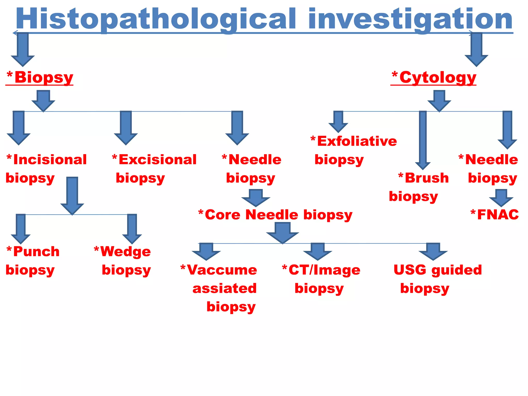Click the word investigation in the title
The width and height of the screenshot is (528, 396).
pos(410,19)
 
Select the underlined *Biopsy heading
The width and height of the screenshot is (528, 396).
pos(40,77)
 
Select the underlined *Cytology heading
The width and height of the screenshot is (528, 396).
pos(434,77)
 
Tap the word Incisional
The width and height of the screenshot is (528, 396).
pos(50,160)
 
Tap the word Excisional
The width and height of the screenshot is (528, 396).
pos(157,160)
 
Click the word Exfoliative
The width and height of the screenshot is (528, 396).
pos(357,141)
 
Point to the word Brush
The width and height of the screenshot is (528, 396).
pos(427,178)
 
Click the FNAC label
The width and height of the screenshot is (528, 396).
pos(498,214)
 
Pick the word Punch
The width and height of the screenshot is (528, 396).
pos(36,251)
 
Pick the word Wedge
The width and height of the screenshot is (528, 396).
pos(125,251)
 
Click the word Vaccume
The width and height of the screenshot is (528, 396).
pos(222,270)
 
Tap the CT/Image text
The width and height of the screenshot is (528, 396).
pos(324,270)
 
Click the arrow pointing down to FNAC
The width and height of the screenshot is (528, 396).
pos(501,198)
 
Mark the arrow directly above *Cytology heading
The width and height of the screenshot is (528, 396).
pos(476,49)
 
